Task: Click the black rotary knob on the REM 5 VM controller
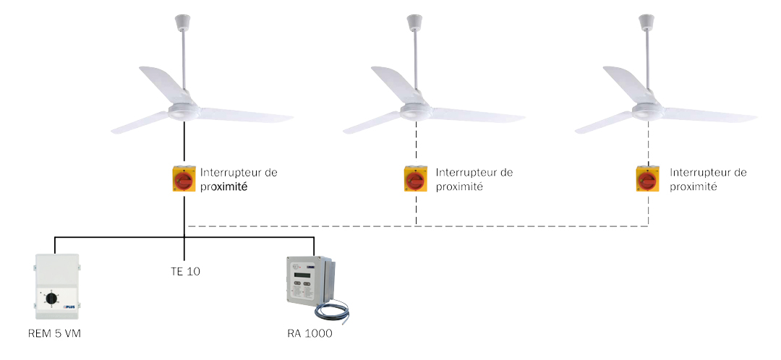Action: coord(51,297)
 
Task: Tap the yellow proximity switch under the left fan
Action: coord(184,179)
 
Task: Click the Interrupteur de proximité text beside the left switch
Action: coord(239,179)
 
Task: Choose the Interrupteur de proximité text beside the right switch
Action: coord(708,179)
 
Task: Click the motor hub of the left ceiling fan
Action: coord(184,111)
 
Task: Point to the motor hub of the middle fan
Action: coord(416,111)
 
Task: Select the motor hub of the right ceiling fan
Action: coord(648,111)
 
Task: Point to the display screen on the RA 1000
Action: coord(303,275)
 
